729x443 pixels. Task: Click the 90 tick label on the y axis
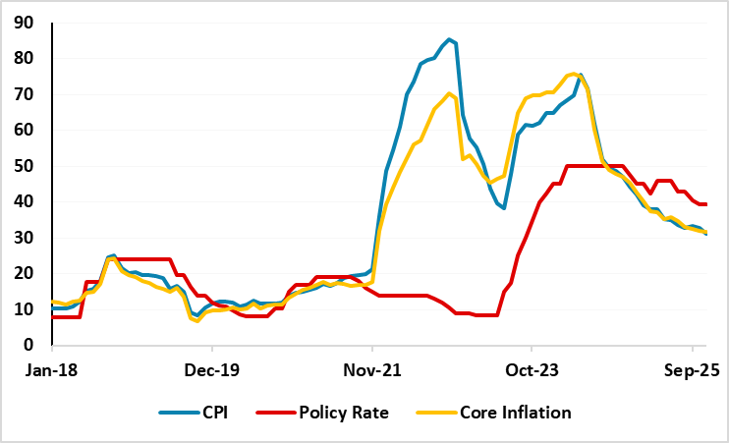[x=27, y=22]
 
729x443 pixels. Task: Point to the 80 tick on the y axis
[x=27, y=58]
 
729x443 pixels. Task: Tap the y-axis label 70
[x=27, y=94]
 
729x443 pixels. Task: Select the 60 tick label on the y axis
[x=27, y=130]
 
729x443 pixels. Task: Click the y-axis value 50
[x=27, y=166]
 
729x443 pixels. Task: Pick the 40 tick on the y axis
[x=27, y=201]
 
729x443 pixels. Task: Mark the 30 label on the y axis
[x=27, y=238]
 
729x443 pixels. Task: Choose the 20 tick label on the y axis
[x=27, y=273]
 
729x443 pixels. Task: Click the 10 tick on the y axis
[x=27, y=309]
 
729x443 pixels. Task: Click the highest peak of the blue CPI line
[x=449, y=39]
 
